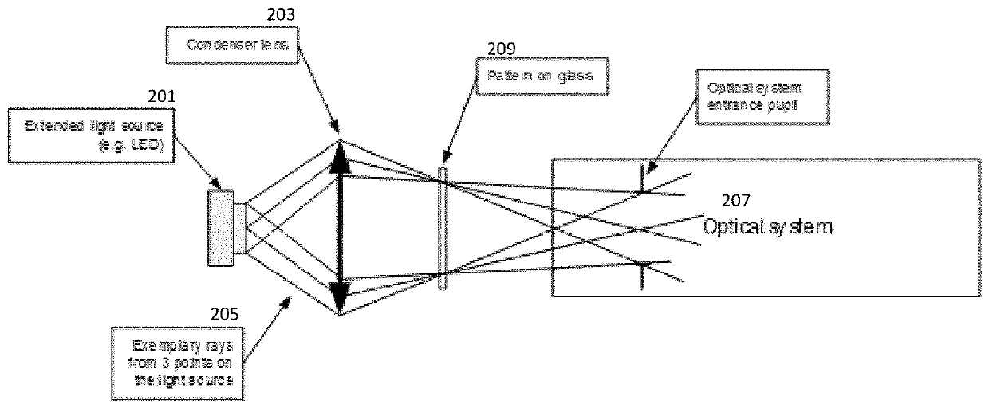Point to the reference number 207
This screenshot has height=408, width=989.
[x=735, y=202]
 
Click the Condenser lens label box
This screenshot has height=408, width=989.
[x=231, y=45]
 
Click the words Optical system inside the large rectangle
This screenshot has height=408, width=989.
[x=767, y=227]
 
